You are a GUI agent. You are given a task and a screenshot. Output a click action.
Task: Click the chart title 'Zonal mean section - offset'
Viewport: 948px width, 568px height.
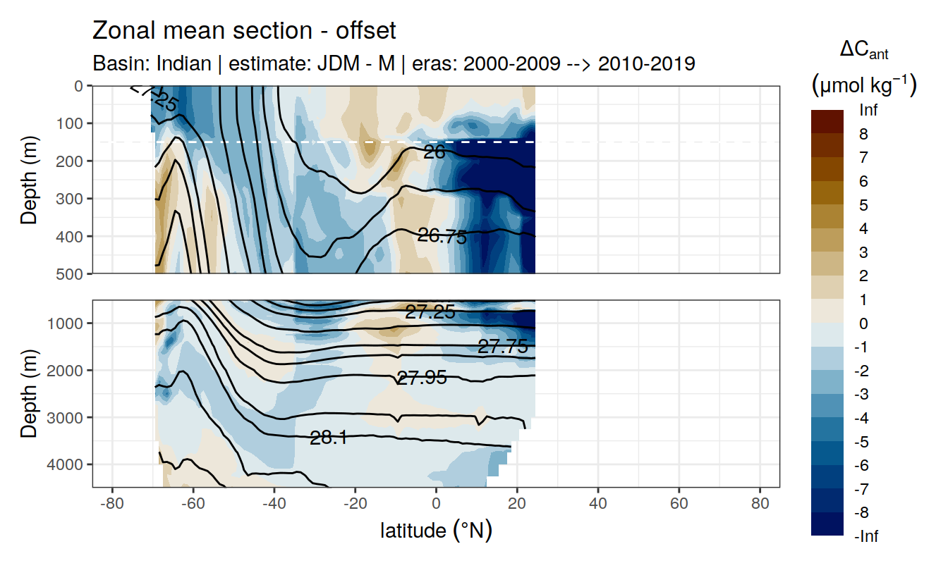coord(244,31)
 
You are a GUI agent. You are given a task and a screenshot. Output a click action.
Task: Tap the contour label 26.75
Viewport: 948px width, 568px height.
coord(442,237)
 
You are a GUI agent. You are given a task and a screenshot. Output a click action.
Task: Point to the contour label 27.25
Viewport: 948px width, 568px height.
coord(430,312)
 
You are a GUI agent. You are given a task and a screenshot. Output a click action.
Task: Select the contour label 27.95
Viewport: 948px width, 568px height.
coord(422,378)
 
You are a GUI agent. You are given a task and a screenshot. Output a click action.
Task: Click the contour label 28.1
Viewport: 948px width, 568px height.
coord(329,438)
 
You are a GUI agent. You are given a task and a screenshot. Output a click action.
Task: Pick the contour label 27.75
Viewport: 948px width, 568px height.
coord(503,346)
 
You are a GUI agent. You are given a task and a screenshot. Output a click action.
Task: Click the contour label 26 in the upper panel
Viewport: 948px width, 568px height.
coord(434,152)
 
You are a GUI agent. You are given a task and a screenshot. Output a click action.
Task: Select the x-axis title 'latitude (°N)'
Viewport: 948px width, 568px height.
coord(436,530)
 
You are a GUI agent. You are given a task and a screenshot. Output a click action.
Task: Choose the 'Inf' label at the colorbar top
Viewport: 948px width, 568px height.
coord(868,111)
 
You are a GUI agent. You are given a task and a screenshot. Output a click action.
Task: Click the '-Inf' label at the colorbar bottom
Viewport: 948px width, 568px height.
coord(866,536)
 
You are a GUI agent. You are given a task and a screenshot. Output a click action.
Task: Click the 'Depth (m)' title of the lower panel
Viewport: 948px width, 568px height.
coord(29,393)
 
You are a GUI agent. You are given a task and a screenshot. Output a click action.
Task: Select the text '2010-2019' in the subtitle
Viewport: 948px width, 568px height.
coord(647,63)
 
